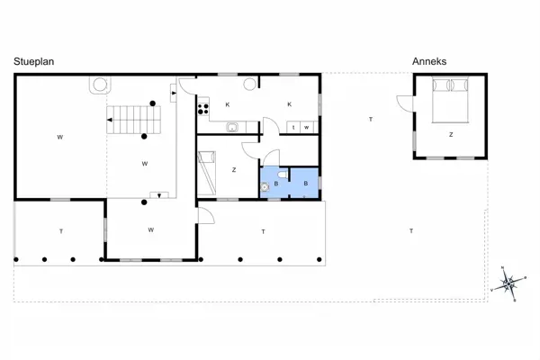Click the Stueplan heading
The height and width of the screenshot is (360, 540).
[x=34, y=62]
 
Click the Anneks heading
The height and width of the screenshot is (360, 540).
[x=429, y=61]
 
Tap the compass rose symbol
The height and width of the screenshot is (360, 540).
[x=508, y=283]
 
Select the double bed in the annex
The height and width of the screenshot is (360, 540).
[x=450, y=100]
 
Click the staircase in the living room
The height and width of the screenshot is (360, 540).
[x=133, y=120]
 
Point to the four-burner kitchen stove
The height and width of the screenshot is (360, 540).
[x=203, y=109]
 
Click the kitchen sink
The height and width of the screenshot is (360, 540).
[x=232, y=128]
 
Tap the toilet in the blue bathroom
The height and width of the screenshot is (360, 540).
[x=283, y=175]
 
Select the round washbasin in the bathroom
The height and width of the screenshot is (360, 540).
[x=265, y=187]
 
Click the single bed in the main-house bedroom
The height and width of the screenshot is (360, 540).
[x=207, y=173]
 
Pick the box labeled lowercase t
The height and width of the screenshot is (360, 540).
[x=293, y=127]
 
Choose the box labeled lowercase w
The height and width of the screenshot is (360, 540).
[x=307, y=127]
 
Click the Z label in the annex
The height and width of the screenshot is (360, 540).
[x=451, y=135]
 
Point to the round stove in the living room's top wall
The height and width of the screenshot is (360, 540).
[x=100, y=85]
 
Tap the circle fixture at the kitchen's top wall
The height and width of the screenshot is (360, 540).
[x=249, y=84]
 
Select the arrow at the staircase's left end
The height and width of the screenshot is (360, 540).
[x=110, y=120]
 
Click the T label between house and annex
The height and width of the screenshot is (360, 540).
[x=371, y=120]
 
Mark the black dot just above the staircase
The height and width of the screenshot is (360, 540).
[x=153, y=103]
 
